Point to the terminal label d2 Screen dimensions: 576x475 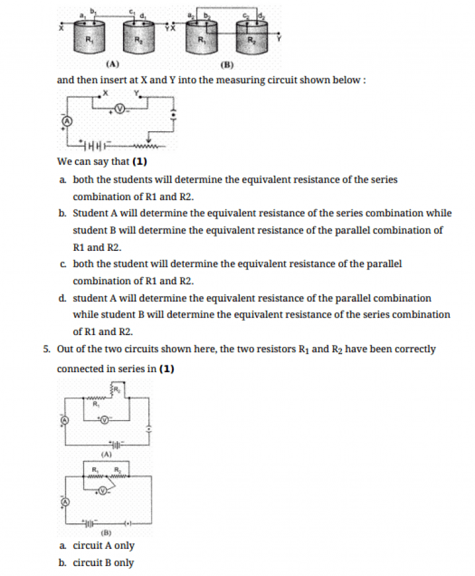click(260, 15)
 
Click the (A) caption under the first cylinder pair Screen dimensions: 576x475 click(112, 64)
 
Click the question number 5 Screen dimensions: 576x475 click(47, 349)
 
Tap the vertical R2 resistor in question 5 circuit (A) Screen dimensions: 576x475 click(115, 389)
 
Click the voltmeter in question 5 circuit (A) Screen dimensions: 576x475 click(104, 419)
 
